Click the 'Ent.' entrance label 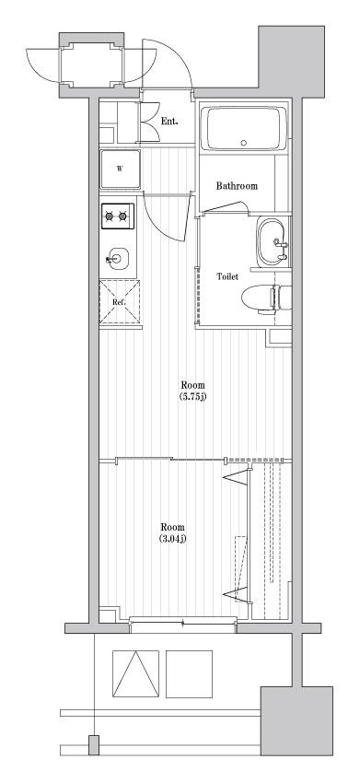tap(169, 121)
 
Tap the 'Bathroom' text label tap(237, 186)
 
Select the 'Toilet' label tap(227, 276)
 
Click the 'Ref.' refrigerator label tap(119, 302)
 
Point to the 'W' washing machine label tap(120, 169)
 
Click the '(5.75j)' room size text tap(192, 397)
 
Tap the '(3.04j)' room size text tap(173, 539)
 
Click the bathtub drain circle tap(244, 142)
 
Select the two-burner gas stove tap(119, 216)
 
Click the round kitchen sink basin tap(117, 259)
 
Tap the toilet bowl tap(259, 299)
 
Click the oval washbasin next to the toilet tap(273, 242)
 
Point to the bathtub tap(244, 128)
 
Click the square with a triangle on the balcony tap(136, 673)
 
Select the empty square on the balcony tap(190, 673)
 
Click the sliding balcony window tap(182, 622)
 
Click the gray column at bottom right tap(296, 721)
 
